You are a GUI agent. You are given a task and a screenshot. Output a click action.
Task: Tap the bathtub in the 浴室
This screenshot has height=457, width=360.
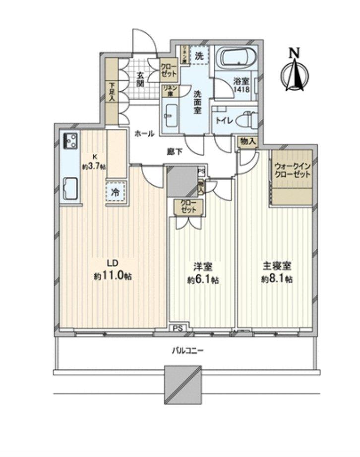pos(236,58)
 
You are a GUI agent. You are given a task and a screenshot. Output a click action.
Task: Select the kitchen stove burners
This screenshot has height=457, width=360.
pos(70,141)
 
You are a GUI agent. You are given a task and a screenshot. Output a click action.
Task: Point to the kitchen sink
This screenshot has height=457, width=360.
pos(70,188)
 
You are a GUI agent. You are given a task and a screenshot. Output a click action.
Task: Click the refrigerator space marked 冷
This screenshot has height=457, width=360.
pos(115,192)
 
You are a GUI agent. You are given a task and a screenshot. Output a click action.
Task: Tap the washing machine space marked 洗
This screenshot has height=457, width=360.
pos(198,56)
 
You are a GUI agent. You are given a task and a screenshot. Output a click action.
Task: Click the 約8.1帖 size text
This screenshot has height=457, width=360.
pos(277,279)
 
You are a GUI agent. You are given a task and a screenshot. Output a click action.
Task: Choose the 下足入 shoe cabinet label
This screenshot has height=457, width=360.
pos(112,92)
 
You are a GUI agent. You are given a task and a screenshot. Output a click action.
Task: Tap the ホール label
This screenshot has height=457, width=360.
pos(144,133)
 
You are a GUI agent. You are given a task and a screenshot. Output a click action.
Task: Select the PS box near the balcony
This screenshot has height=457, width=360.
pos(177,328)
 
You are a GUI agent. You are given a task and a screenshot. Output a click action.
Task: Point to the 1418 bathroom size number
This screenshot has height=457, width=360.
pos(241,91)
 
